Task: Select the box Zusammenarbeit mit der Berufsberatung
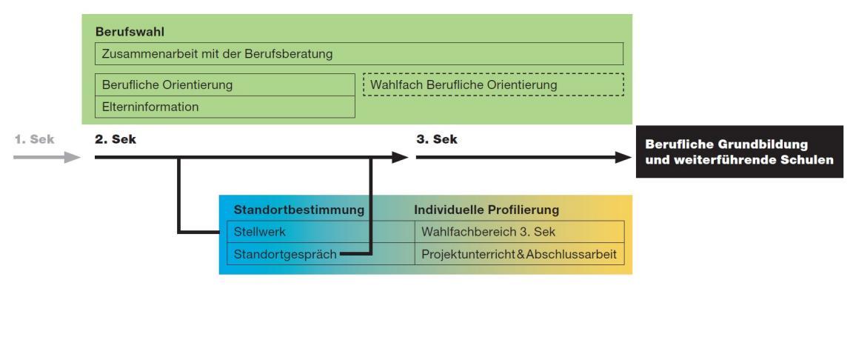359,54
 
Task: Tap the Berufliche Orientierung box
225,85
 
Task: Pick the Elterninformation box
225,107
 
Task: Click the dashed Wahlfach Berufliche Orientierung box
492,85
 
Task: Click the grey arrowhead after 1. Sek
72,157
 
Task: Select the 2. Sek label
112,139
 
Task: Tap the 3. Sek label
432,139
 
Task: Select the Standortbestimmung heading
299,210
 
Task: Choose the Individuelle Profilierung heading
486,210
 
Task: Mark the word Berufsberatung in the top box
292,54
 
